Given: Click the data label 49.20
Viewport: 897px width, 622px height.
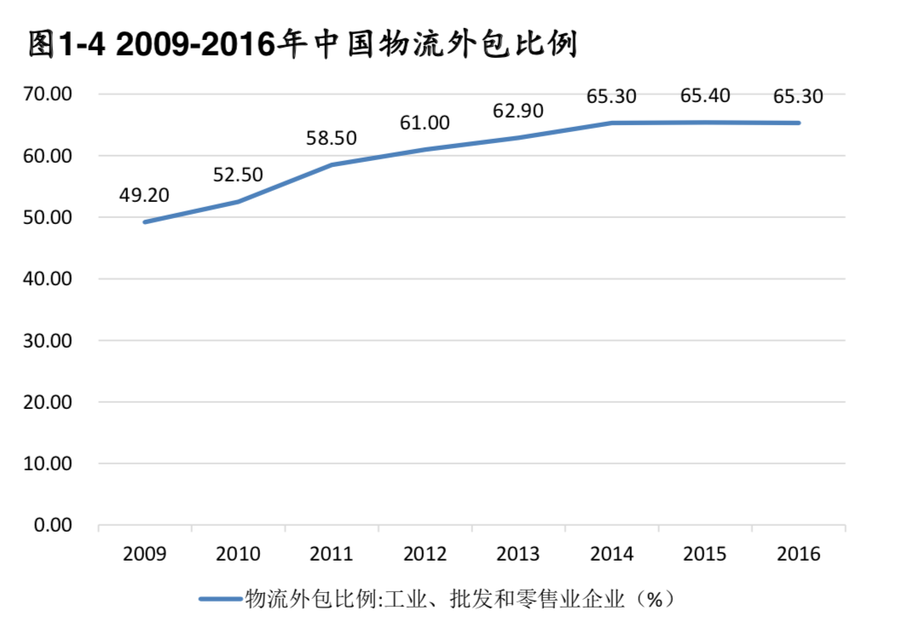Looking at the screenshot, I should pos(144,195).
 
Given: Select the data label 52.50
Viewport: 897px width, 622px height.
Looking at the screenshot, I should pos(238,175).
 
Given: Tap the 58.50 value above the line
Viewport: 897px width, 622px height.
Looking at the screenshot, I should pos(331,138).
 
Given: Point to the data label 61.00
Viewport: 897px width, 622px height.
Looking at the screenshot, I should pos(425,123).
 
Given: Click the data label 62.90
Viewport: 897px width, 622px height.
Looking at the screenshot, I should pos(518,111).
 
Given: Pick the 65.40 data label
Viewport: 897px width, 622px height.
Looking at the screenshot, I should pos(705,96).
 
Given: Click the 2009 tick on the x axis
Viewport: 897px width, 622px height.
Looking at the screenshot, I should pos(145,555).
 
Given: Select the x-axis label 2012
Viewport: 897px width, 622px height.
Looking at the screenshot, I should pos(425,555).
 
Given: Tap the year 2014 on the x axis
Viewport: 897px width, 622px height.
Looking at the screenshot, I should pos(611,555).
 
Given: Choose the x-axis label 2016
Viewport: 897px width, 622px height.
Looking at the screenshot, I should pos(799,555).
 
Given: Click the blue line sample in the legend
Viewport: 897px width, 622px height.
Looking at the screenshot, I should pos(221,599).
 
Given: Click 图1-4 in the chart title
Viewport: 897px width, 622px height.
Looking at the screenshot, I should pos(66,44).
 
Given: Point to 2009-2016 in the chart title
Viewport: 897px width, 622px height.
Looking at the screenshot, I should pos(197,44).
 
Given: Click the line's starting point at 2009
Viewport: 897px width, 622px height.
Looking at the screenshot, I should pos(145,222).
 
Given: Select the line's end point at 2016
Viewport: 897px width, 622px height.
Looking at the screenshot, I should pos(799,123).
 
